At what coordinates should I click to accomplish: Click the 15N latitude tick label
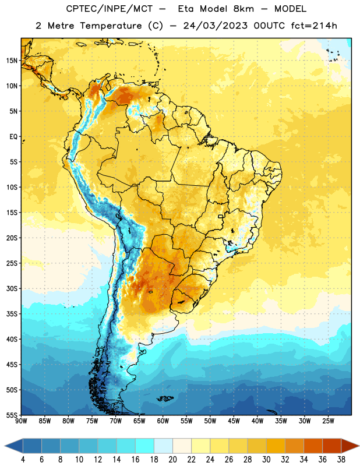click(12, 61)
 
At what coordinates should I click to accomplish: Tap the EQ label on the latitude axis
click(13, 137)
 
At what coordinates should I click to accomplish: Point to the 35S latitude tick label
click(12, 314)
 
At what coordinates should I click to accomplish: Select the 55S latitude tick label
click(12, 415)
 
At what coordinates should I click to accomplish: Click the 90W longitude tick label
click(21, 421)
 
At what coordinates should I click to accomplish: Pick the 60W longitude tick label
click(163, 421)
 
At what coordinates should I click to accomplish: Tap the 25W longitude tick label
click(328, 421)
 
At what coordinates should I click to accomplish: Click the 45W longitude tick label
click(234, 421)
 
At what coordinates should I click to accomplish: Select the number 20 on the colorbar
click(172, 460)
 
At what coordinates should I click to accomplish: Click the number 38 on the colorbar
click(341, 460)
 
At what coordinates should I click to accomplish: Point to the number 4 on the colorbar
click(23, 460)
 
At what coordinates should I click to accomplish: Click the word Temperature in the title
click(111, 26)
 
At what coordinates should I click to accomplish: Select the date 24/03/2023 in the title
click(215, 26)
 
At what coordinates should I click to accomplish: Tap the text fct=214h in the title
click(314, 26)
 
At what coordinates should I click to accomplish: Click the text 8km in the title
click(243, 9)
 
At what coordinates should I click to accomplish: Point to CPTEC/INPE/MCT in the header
click(109, 9)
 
